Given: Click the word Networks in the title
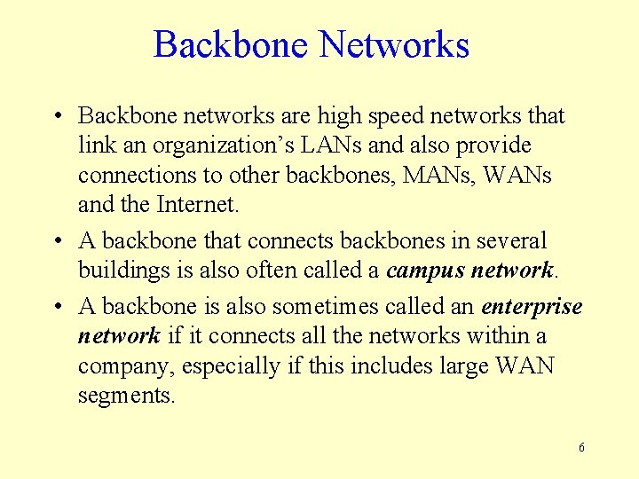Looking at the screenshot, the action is [393, 44].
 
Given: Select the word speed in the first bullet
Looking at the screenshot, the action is [389, 116].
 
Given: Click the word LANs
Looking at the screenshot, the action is [330, 145].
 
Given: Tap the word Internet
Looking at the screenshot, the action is [197, 205].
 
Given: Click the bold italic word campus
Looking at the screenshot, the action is [421, 270].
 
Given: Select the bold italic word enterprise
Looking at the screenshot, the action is [532, 307].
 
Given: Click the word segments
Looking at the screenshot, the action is [127, 396].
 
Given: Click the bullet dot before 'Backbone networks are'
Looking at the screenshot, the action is [57, 116].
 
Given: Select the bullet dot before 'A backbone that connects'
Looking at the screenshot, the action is [57, 240].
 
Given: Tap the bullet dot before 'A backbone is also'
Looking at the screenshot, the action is [57, 307].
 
